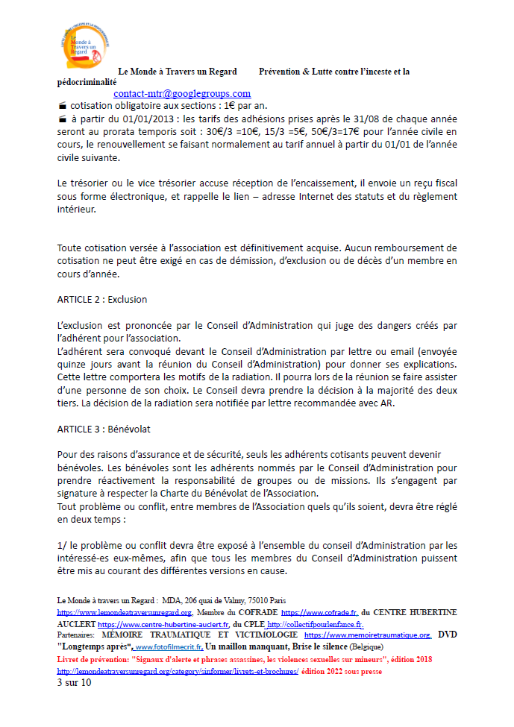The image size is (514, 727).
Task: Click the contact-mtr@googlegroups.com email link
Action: coord(182,94)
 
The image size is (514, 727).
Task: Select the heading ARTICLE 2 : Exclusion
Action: coord(102,300)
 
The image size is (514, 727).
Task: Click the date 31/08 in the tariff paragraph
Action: coord(384,119)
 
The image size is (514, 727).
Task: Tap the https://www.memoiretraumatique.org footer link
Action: coord(369,635)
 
